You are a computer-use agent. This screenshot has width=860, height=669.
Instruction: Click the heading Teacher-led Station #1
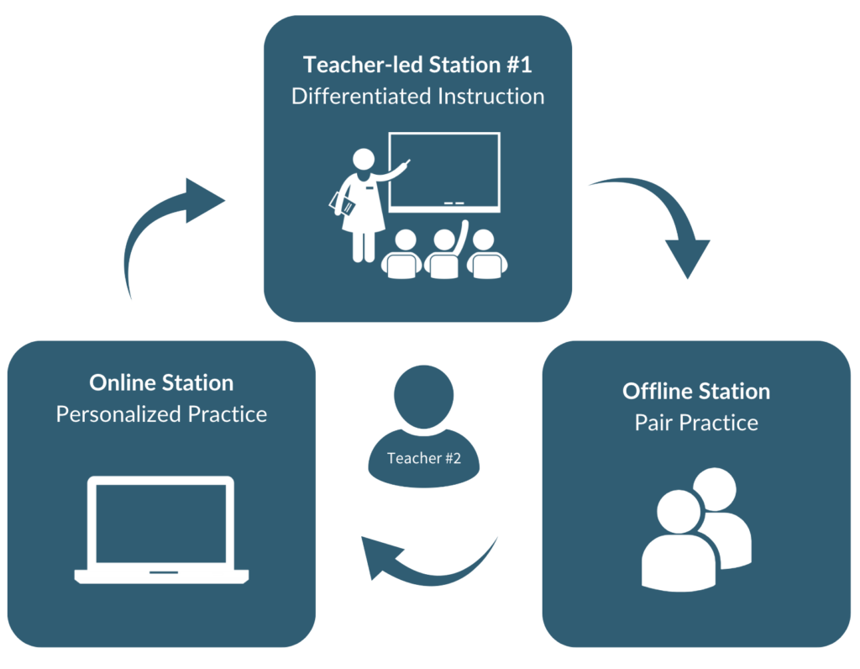(417, 65)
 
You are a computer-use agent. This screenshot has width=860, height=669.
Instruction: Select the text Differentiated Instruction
(417, 96)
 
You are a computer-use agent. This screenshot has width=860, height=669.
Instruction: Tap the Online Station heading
(161, 382)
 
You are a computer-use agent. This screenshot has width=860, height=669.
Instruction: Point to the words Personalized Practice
(161, 414)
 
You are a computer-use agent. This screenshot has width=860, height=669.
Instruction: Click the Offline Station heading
(696, 392)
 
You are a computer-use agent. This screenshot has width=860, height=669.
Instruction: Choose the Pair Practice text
(696, 423)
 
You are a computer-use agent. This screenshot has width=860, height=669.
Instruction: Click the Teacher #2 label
(423, 458)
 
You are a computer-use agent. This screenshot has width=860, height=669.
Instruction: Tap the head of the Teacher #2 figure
(423, 396)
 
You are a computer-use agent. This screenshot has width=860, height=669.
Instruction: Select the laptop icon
(161, 529)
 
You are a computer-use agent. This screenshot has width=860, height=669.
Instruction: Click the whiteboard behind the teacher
(444, 171)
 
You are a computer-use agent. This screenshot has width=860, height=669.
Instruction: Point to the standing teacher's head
(363, 160)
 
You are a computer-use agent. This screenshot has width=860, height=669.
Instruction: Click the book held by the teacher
(342, 203)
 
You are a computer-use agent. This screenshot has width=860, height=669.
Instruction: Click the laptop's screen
(161, 524)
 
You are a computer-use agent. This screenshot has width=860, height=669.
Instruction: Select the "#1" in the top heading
(519, 65)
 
